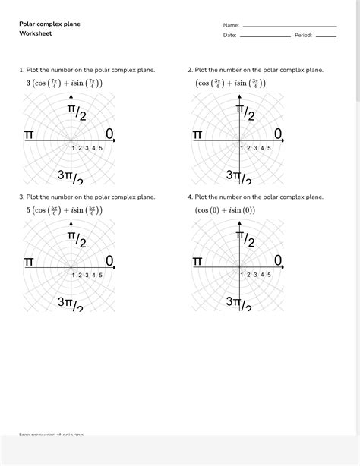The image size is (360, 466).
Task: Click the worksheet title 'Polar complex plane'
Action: point(49,24)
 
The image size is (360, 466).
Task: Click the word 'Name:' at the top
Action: point(231,25)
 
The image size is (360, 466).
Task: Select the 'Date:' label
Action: point(230,35)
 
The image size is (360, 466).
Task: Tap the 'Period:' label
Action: point(303,35)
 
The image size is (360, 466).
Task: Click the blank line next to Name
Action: point(289,27)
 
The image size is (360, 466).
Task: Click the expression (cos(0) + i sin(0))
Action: point(225,210)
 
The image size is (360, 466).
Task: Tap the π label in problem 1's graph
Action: point(29,134)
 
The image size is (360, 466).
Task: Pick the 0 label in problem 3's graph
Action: point(109,261)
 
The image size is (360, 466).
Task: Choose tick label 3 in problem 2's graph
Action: point(254,148)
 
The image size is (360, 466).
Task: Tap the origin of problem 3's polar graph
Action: point(71,267)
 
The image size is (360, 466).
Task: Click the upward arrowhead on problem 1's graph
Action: point(71,97)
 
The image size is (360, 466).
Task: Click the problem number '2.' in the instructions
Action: point(190,70)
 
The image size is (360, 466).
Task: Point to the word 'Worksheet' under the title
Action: point(36,34)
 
